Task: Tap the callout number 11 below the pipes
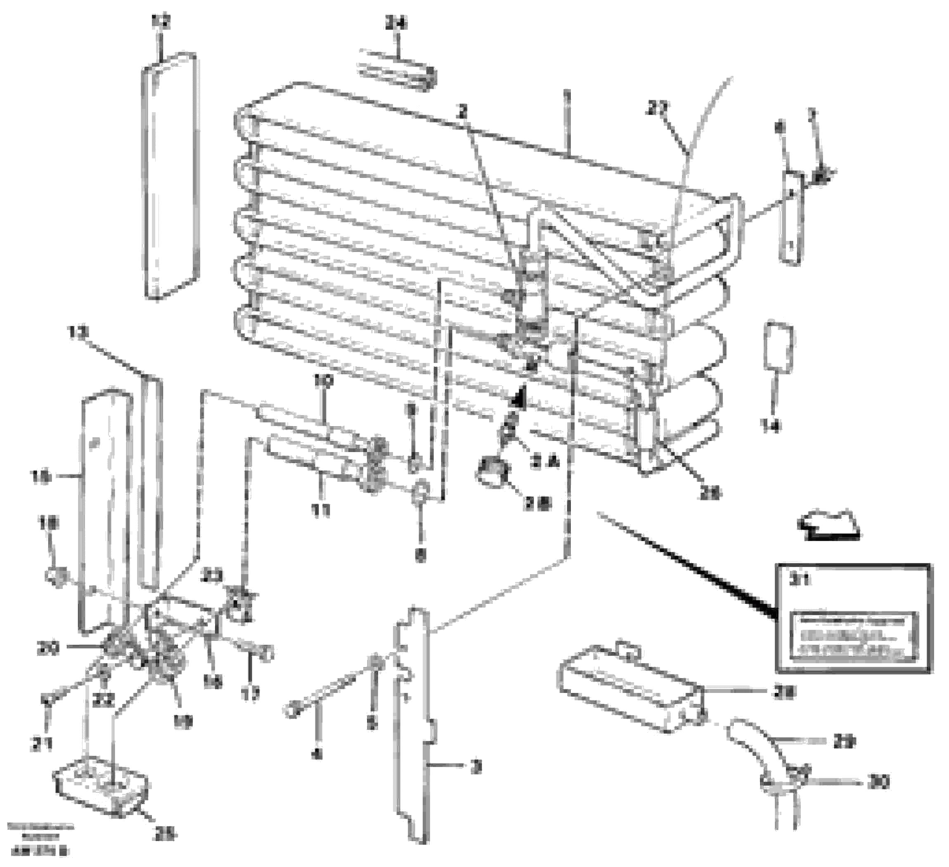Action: (321, 509)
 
